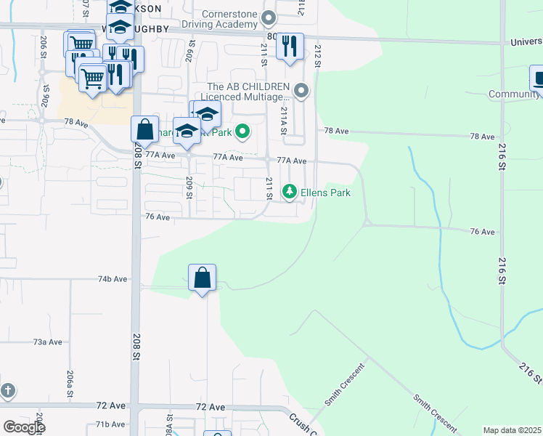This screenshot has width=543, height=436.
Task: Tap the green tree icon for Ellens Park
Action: [290, 192]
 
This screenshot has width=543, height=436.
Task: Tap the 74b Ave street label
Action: [113, 278]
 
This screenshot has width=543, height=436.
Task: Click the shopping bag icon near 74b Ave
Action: [202, 278]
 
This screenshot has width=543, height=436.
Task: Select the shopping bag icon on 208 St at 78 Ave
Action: [144, 129]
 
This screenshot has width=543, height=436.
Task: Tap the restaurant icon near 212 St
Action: [290, 47]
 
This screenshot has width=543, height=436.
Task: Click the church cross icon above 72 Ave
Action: [7, 391]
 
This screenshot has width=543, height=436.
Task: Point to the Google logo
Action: [24, 427]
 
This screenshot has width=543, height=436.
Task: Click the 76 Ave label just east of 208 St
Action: [158, 217]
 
